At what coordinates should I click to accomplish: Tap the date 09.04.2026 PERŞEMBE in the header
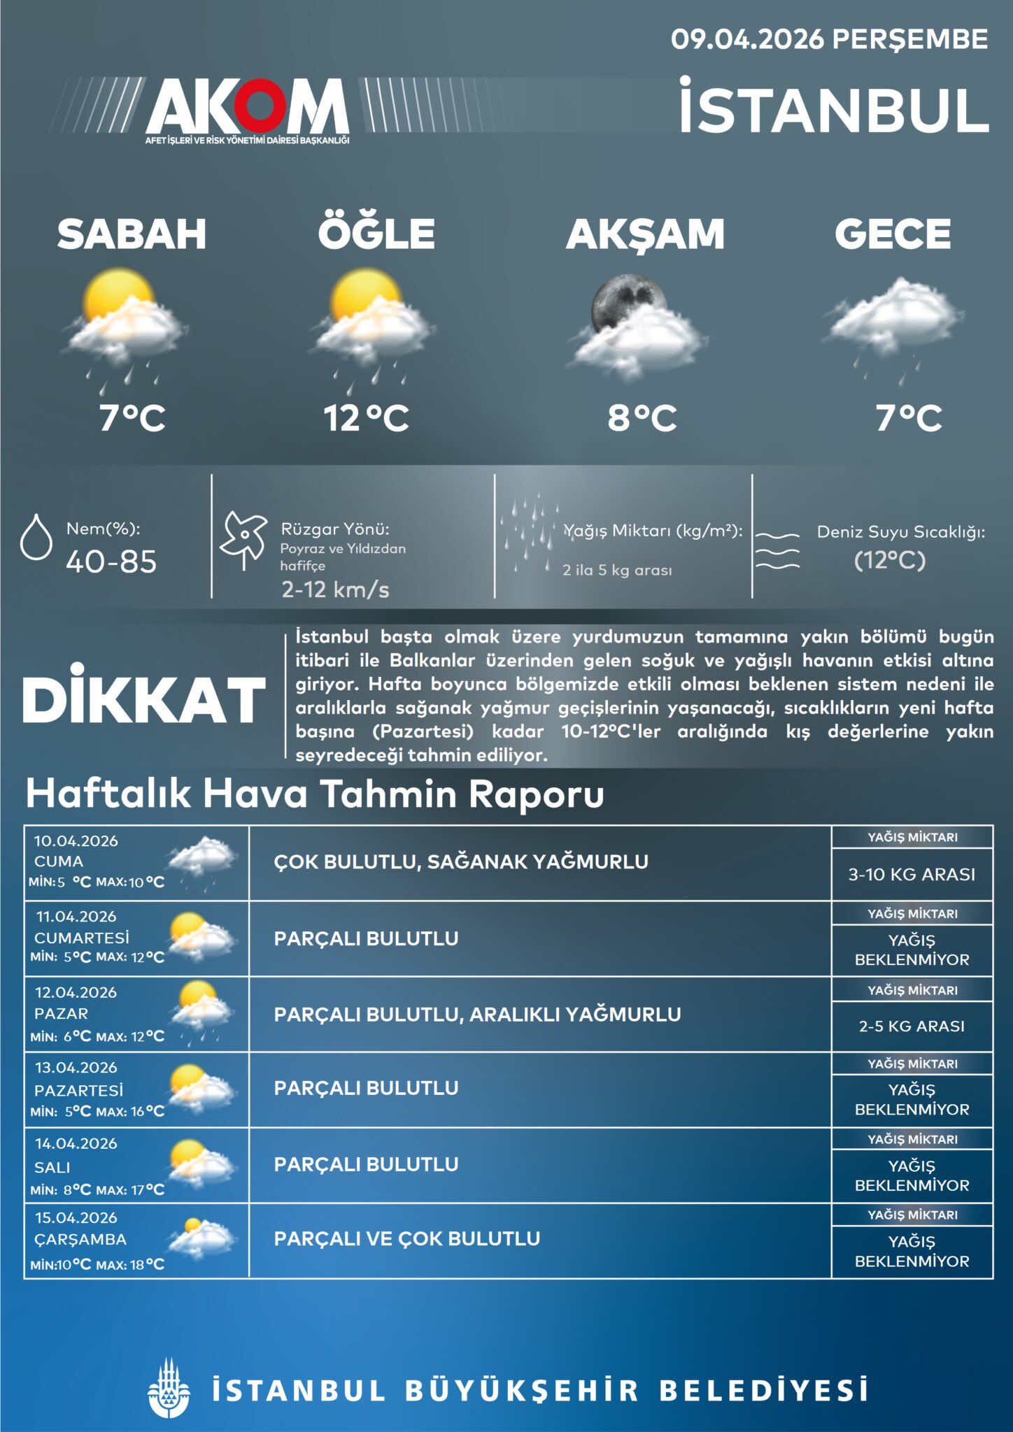(829, 39)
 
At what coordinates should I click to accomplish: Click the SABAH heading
(132, 234)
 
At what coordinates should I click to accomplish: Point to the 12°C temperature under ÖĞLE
(366, 418)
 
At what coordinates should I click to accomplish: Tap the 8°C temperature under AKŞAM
(642, 418)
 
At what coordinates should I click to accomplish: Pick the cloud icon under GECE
(892, 318)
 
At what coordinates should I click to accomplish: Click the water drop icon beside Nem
(36, 537)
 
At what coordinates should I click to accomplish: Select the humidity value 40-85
(111, 561)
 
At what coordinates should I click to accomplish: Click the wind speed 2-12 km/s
(335, 589)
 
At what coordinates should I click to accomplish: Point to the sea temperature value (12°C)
(890, 560)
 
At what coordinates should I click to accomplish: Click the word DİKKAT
(144, 700)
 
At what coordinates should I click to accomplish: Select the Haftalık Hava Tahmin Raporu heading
(315, 794)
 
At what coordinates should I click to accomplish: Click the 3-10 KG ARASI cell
(912, 874)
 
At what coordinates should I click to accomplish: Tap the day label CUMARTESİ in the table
(82, 938)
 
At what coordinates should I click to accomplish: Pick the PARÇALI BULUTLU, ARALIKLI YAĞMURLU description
(477, 1014)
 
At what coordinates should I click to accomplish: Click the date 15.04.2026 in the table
(76, 1217)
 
